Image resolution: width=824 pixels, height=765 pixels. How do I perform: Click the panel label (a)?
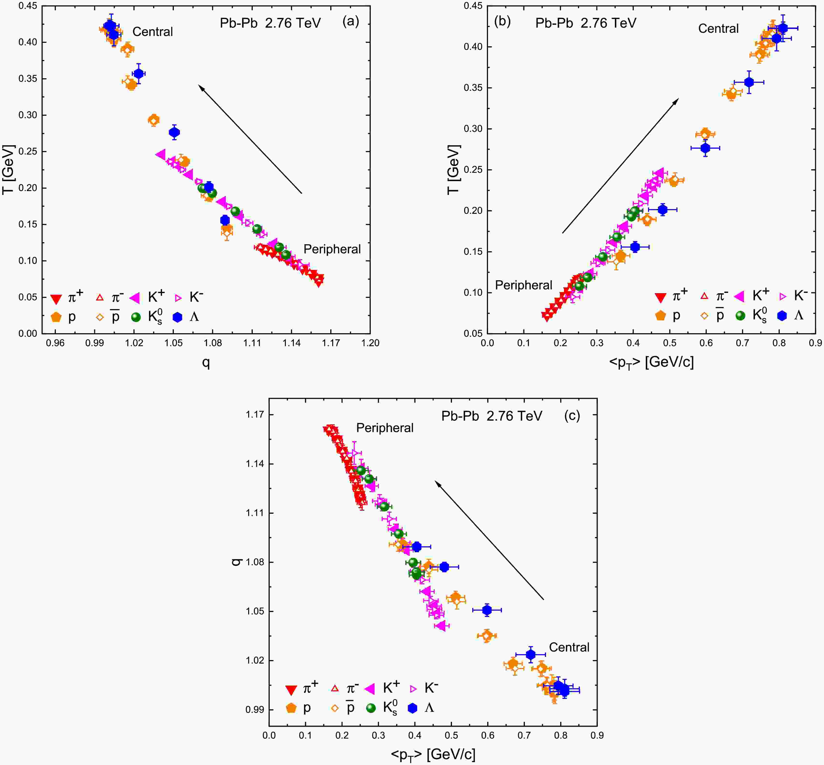(351, 21)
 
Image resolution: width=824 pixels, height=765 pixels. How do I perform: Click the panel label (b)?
(502, 21)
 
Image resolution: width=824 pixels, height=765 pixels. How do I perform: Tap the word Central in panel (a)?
(152, 32)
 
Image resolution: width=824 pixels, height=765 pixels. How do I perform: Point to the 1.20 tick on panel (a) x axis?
(370, 343)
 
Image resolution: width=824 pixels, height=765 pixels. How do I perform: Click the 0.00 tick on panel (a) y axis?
(28, 334)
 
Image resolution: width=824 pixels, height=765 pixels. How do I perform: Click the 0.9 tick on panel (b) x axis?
(815, 343)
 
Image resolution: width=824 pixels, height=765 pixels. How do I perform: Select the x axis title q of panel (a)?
(206, 363)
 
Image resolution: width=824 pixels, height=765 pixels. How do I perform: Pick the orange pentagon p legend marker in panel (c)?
(291, 708)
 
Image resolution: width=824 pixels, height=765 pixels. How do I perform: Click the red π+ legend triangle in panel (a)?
(56, 298)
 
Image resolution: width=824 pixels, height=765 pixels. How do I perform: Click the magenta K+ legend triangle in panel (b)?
(739, 296)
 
